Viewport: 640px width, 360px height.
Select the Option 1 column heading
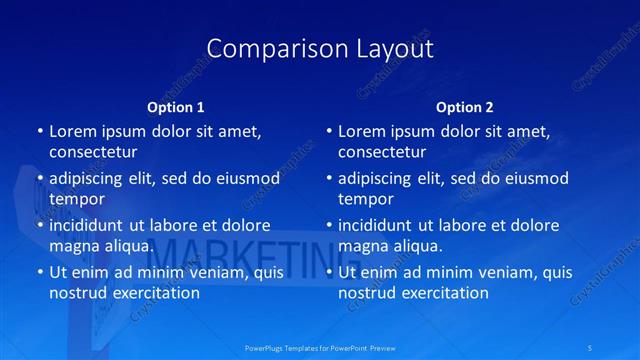coord(176,106)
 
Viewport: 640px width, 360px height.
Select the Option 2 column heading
coord(465,106)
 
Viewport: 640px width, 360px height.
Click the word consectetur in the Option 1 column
coord(93,152)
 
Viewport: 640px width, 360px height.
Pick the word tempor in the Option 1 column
coord(77,199)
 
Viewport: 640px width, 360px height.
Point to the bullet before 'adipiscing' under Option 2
coord(328,179)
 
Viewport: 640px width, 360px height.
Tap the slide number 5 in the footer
coord(591,347)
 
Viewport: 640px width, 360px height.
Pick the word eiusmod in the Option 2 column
coord(536,179)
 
